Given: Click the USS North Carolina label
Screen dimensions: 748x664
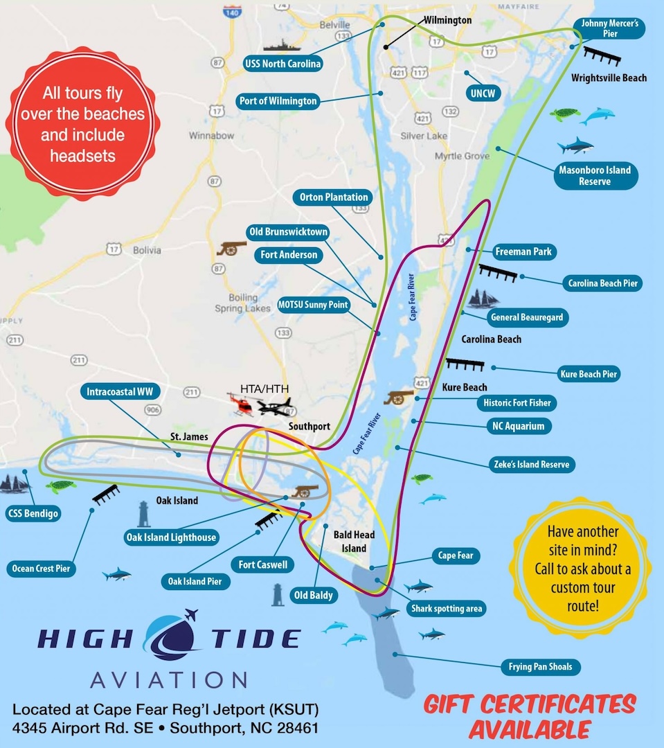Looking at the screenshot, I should (282, 64).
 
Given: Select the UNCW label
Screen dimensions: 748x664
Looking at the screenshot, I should (483, 93).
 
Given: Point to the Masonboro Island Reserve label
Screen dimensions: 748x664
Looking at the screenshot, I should (595, 175).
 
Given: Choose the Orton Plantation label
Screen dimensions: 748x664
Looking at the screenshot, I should (334, 197).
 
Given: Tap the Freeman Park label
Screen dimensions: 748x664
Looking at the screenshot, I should (523, 251).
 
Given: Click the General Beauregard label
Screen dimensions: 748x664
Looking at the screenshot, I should (526, 318).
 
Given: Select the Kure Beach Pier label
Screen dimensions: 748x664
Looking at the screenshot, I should (589, 374).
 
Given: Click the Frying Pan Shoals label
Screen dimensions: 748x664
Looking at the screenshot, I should (540, 668).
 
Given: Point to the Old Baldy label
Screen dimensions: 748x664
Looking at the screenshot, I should (313, 594).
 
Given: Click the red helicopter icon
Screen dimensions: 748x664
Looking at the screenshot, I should (242, 402).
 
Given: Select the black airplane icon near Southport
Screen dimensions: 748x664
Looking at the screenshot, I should (276, 406).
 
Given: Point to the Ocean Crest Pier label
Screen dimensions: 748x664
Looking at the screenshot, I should (42, 569).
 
